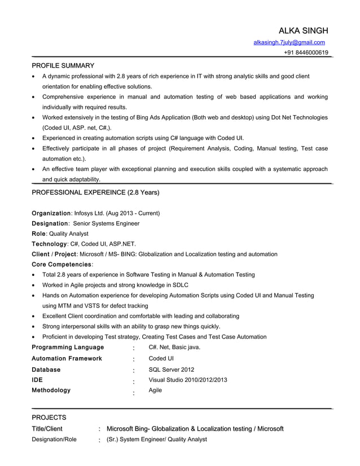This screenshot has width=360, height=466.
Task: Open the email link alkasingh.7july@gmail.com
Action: [289, 42]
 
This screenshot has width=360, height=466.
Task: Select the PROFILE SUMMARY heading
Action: [63, 65]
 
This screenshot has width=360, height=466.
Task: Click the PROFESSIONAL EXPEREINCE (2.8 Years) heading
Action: [95, 193]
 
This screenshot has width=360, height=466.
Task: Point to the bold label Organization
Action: [51, 213]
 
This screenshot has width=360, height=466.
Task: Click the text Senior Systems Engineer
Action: [106, 223]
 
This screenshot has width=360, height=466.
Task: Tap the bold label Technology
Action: [49, 244]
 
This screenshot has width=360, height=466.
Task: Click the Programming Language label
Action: [68, 347]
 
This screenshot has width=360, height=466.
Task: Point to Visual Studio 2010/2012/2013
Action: [188, 380]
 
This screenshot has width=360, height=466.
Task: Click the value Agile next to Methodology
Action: [155, 390]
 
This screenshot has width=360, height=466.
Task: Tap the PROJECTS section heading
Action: [49, 417]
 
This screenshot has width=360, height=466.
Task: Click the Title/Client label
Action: [47, 429]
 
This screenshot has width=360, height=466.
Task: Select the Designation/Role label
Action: [54, 439]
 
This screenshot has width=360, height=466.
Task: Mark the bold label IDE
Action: [37, 380]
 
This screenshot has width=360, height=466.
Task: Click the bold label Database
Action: [46, 370]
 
